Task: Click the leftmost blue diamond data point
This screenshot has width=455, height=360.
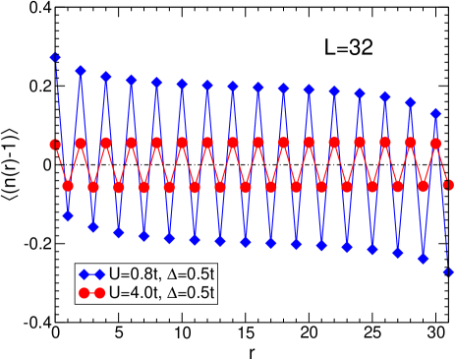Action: click(55, 58)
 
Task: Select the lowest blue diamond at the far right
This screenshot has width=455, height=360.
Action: click(449, 272)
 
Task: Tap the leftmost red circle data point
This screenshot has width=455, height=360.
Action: click(55, 145)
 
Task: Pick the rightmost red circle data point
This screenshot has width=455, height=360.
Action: click(449, 184)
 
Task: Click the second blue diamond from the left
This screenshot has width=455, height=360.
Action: click(68, 215)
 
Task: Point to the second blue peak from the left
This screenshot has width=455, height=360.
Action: click(81, 71)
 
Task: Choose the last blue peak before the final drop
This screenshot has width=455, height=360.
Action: click(436, 113)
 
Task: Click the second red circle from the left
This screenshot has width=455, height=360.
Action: click(68, 185)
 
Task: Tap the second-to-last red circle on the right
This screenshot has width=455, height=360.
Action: click(436, 143)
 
